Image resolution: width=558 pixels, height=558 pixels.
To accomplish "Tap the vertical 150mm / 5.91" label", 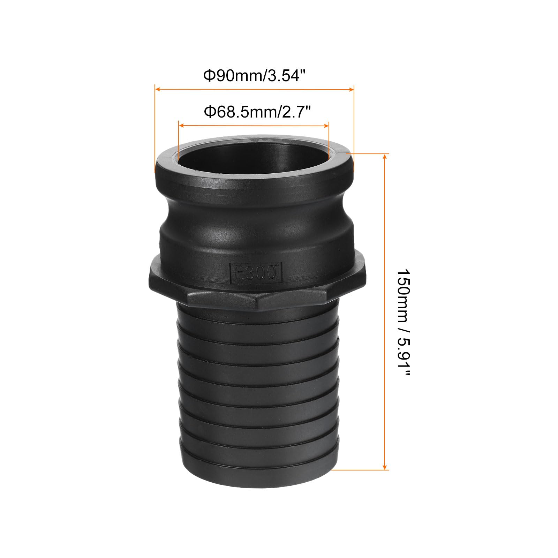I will pos(404,323).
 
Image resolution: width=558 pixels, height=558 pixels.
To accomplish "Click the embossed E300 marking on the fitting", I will pos(255,272).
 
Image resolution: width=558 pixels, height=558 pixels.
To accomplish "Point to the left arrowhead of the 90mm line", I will pos(158,89).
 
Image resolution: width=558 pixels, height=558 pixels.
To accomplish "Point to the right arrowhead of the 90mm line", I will pos(351,89).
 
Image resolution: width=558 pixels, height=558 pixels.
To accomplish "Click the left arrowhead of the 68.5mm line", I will pos(181,126).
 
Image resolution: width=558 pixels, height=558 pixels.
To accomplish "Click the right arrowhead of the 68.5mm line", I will pos(326,126).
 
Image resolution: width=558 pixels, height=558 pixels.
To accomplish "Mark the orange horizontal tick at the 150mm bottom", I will pos(359,470).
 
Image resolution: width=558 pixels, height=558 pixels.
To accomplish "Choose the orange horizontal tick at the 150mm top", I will pos(368,153).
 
